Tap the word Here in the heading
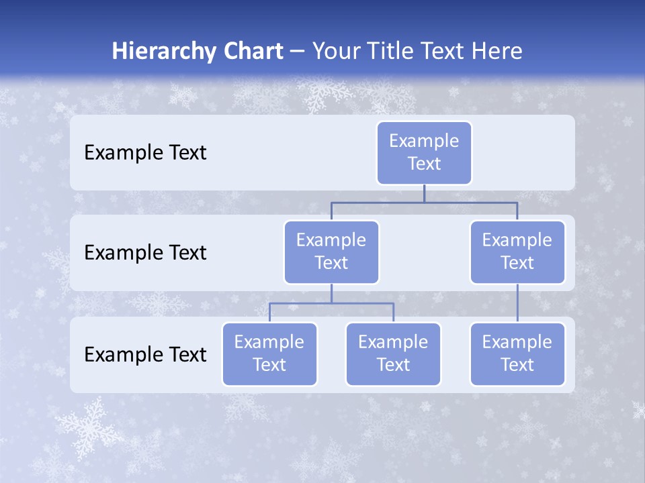tap(496, 51)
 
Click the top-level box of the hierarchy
tap(424, 152)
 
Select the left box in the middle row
tap(331, 252)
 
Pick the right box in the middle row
tap(517, 252)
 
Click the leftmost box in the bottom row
tap(269, 354)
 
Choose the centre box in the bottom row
tap(393, 354)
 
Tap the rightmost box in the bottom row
tap(517, 354)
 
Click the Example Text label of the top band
tap(145, 152)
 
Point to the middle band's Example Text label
tap(145, 252)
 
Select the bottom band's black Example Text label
tap(145, 354)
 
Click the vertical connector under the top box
tap(424, 193)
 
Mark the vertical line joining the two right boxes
tap(517, 303)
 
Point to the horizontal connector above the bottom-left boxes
tap(331, 303)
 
